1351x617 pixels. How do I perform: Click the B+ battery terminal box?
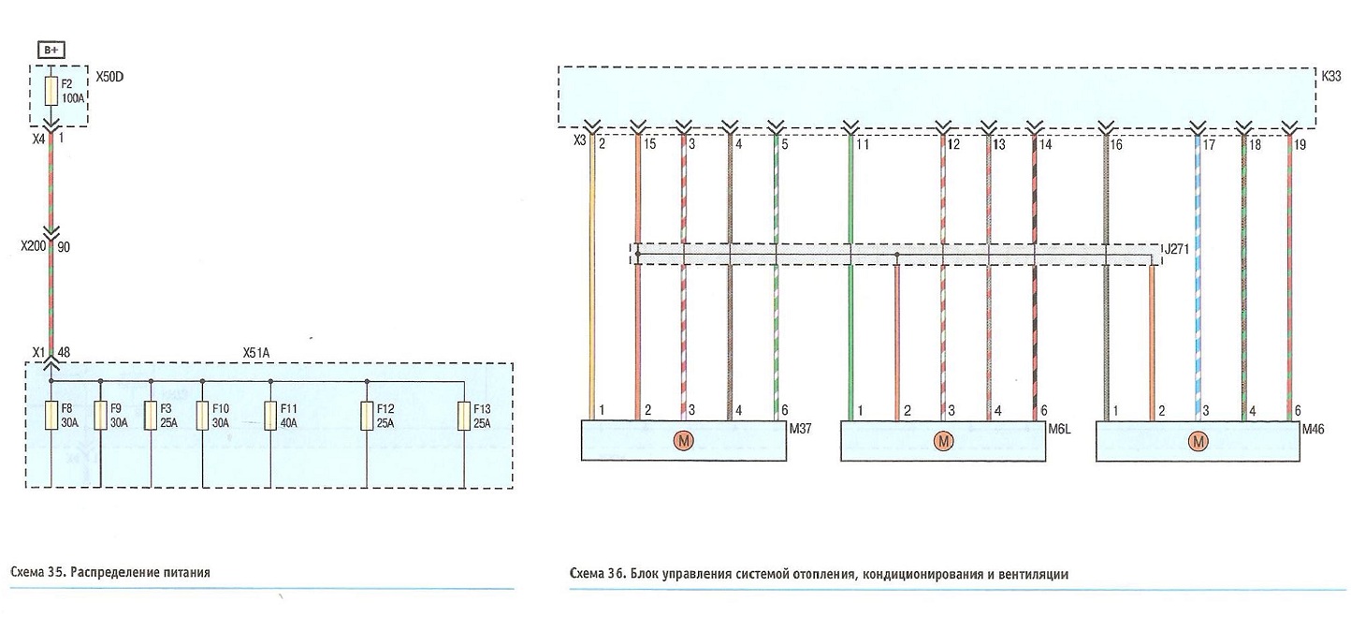[x=51, y=50]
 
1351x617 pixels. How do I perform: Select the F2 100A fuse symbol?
[x=51, y=91]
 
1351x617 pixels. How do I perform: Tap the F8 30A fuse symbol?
[x=51, y=416]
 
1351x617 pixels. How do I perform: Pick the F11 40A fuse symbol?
[x=270, y=416]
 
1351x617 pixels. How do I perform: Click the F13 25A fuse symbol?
[x=464, y=416]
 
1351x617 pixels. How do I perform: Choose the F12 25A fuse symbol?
[x=367, y=416]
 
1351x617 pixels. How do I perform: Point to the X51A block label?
[x=256, y=353]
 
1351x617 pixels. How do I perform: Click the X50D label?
[x=109, y=78]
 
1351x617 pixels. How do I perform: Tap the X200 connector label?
[x=33, y=246]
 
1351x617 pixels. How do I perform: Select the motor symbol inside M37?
[x=684, y=441]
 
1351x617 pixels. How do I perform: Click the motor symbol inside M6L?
[x=943, y=441]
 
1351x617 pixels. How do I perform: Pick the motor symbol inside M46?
[x=1198, y=441]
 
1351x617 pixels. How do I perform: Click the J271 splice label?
[x=1176, y=248]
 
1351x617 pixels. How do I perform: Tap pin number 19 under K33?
[x=1300, y=145]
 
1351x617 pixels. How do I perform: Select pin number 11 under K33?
[x=862, y=145]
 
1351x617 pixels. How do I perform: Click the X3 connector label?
[x=580, y=140]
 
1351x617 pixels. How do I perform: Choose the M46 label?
[x=1313, y=429]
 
